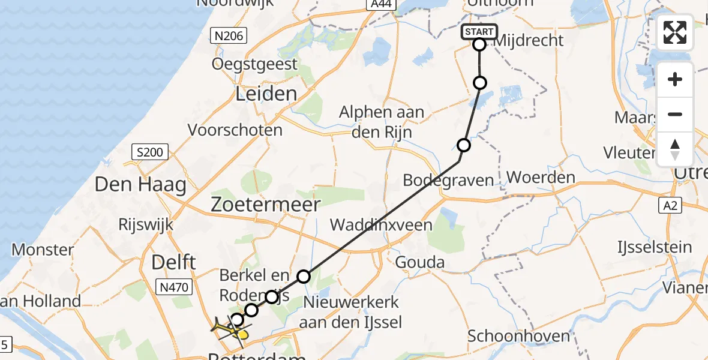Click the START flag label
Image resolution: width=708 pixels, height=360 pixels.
coord(479,32)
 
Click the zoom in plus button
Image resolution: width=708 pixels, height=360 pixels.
coord(675,80)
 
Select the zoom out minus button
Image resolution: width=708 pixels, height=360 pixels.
coord(675,115)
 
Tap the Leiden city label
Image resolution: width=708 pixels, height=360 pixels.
coord(266,94)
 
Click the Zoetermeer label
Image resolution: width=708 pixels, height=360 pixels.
coord(265,205)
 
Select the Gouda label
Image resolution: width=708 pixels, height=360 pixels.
coord(420,262)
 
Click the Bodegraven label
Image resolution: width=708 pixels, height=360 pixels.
coord(448,180)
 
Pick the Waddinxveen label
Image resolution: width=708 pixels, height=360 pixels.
coord(381,225)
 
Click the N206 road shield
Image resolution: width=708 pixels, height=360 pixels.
coord(229,37)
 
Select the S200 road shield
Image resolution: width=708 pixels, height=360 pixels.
coord(149,152)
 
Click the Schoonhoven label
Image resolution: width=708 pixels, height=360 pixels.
coord(519,336)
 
